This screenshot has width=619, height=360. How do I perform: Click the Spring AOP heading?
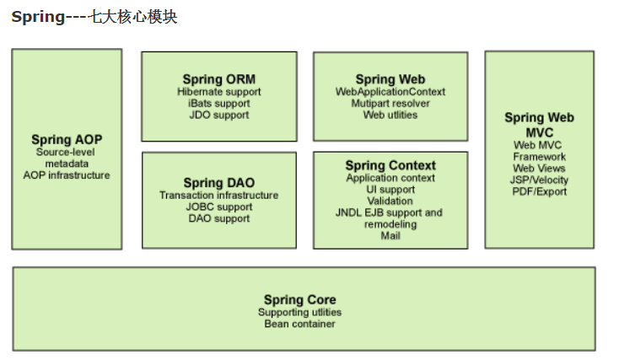tap(67, 140)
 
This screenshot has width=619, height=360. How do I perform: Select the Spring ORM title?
tap(218, 80)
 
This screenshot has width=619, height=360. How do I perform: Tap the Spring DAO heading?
tap(218, 183)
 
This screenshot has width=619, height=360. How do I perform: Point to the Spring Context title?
tap(390, 165)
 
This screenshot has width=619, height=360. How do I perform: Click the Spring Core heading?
tap(299, 300)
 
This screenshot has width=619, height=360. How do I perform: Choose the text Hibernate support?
tap(218, 92)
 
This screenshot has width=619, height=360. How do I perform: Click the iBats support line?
tap(218, 104)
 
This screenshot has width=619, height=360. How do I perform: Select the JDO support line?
tap(218, 116)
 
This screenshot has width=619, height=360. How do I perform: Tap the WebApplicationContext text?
tap(390, 92)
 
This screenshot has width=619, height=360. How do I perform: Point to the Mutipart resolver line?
tap(390, 104)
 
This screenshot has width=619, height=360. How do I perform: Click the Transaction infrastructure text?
tap(218, 196)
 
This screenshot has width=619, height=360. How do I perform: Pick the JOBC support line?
tap(218, 207)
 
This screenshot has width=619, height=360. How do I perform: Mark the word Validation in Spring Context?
tap(390, 201)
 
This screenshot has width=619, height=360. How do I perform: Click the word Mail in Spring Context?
tap(390, 236)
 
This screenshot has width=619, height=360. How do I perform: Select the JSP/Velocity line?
tap(540, 180)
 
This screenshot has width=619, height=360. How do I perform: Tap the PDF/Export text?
tap(540, 192)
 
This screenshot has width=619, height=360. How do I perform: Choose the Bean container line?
tap(299, 325)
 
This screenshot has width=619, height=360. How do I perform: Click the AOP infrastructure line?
tap(67, 175)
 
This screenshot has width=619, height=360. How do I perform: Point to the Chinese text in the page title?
tap(132, 18)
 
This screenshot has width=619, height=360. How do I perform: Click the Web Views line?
tap(540, 169)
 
